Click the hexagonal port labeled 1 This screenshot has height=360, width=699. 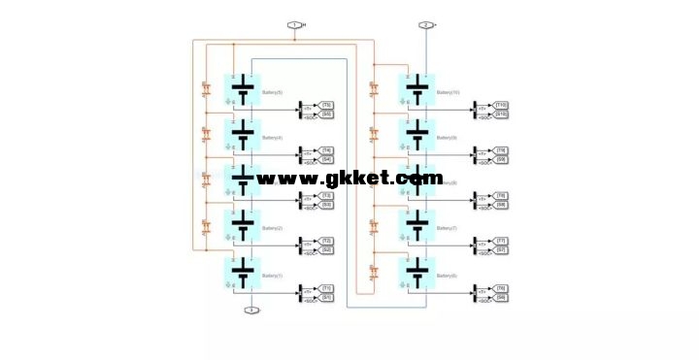tap(294, 25)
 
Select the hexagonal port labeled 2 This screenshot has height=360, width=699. tap(425, 25)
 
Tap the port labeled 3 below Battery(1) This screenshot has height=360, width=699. tap(250, 311)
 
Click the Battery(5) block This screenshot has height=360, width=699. tap(242, 89)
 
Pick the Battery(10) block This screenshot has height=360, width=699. tap(416, 90)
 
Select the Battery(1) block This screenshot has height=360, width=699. tap(242, 273)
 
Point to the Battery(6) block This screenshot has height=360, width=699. tap(416, 273)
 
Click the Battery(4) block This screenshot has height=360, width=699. tap(242, 135)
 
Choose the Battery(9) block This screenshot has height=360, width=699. tap(416, 135)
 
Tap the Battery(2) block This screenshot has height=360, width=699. tap(242, 226)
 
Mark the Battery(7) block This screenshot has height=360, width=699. tap(416, 226)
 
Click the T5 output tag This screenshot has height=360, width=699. tap(327, 104)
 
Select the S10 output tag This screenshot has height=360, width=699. tap(502, 115)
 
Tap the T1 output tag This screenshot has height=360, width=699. tap(327, 287)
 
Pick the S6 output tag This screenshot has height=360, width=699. tap(502, 297)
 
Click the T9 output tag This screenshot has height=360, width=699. tap(502, 149)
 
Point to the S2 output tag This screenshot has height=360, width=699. tap(327, 250)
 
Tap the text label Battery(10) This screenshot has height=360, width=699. tap(449, 92)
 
